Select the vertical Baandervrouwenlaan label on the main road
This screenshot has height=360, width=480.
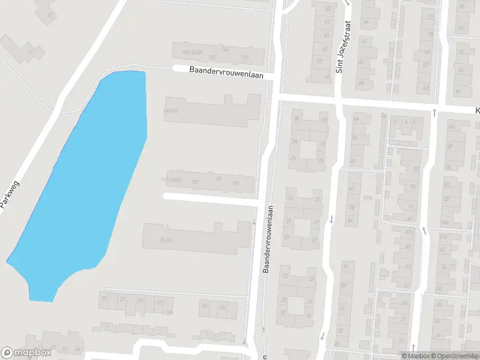pyautogui.click(x=268, y=240)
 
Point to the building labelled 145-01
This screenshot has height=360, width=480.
pyautogui.click(x=171, y=111)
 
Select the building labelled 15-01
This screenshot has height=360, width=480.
pyautogui.click(x=166, y=240)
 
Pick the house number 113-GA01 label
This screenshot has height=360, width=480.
pyautogui.click(x=172, y=180)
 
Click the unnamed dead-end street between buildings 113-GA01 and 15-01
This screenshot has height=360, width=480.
pyautogui.click(x=210, y=200)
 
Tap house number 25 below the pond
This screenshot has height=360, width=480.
pyautogui.click(x=104, y=298)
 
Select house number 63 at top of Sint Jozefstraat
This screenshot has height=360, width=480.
pyautogui.click(x=328, y=9)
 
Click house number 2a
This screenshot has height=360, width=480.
pyautogui.click(x=396, y=121)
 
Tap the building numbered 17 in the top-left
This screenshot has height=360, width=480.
pyautogui.click(x=30, y=53)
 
